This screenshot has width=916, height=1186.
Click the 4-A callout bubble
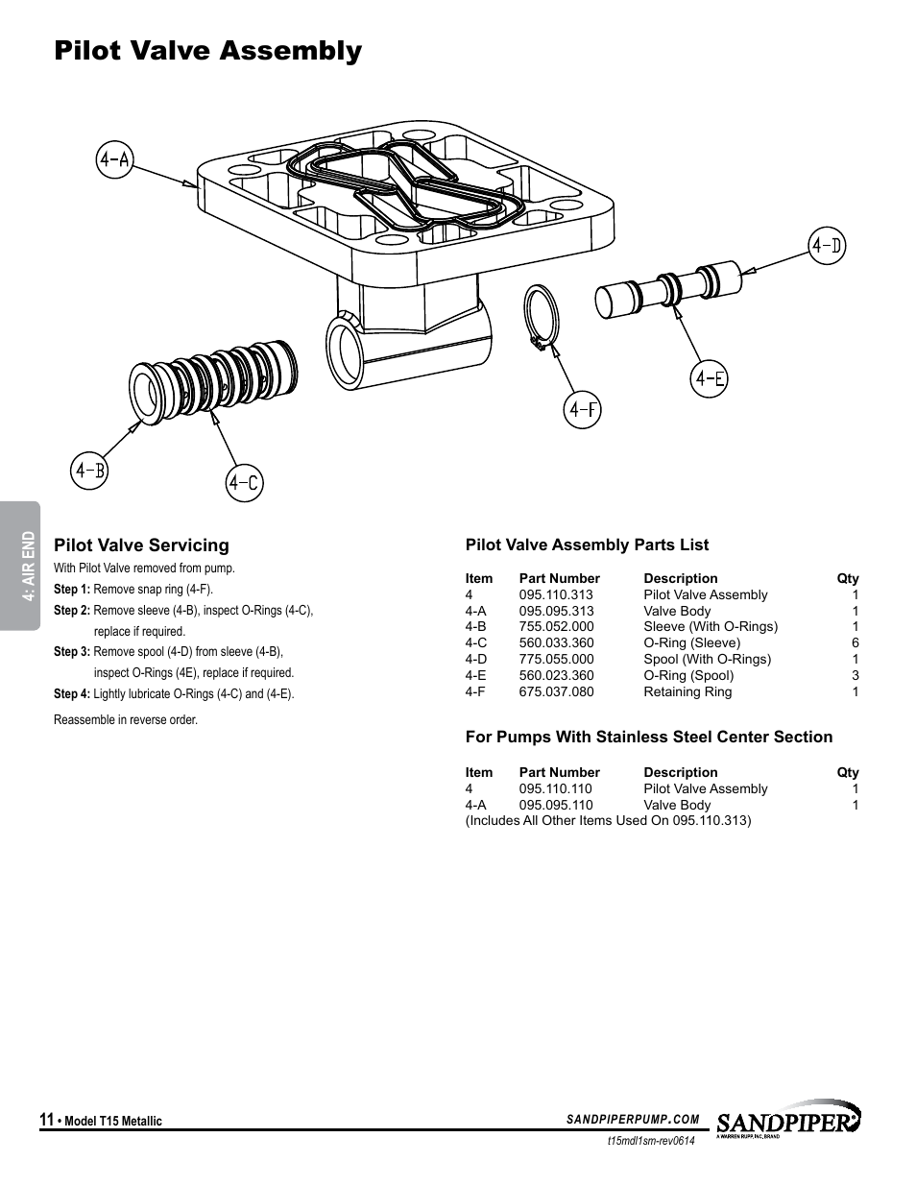pyautogui.click(x=114, y=159)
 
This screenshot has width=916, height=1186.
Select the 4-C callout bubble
pyautogui.click(x=245, y=482)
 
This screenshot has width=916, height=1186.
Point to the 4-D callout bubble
pyautogui.click(x=826, y=247)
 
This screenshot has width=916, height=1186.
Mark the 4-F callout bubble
pyautogui.click(x=583, y=410)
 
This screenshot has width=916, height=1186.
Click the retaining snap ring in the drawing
pyautogui.click(x=541, y=316)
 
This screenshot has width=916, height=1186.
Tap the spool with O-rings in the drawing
pyautogui.click(x=670, y=285)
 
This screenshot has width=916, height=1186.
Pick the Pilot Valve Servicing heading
pyautogui.click(x=141, y=545)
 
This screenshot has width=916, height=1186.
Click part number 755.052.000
pyautogui.click(x=556, y=626)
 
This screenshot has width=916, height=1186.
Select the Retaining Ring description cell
pyautogui.click(x=687, y=691)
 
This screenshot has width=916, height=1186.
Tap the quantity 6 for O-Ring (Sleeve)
pyautogui.click(x=855, y=642)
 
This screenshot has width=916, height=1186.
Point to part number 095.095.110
pyautogui.click(x=556, y=805)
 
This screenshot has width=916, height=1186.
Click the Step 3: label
pyautogui.click(x=71, y=652)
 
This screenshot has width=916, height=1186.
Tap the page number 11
pyautogui.click(x=46, y=1120)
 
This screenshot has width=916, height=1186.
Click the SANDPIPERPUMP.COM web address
pyautogui.click(x=633, y=1119)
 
